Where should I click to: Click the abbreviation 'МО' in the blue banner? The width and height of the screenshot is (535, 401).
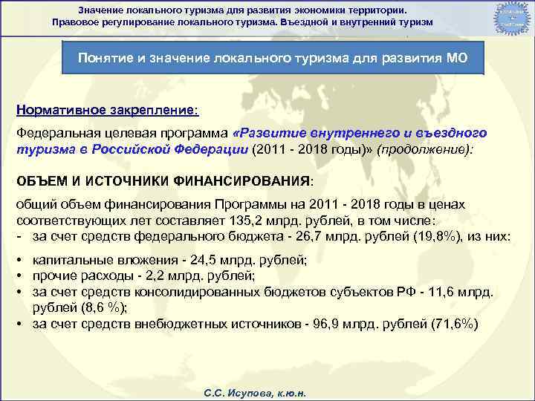[455, 59]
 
